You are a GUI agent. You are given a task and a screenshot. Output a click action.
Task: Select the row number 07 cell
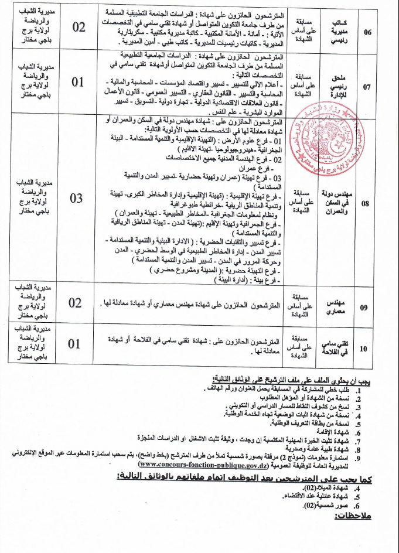(x=367, y=87)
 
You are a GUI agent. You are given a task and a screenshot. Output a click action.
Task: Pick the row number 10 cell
(x=364, y=348)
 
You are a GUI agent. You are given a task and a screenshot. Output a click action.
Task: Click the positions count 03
(x=77, y=198)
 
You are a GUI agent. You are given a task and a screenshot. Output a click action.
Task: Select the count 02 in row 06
(x=78, y=28)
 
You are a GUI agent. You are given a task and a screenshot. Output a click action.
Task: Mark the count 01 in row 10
(x=76, y=344)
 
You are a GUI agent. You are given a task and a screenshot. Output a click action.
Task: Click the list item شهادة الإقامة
(x=346, y=429)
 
